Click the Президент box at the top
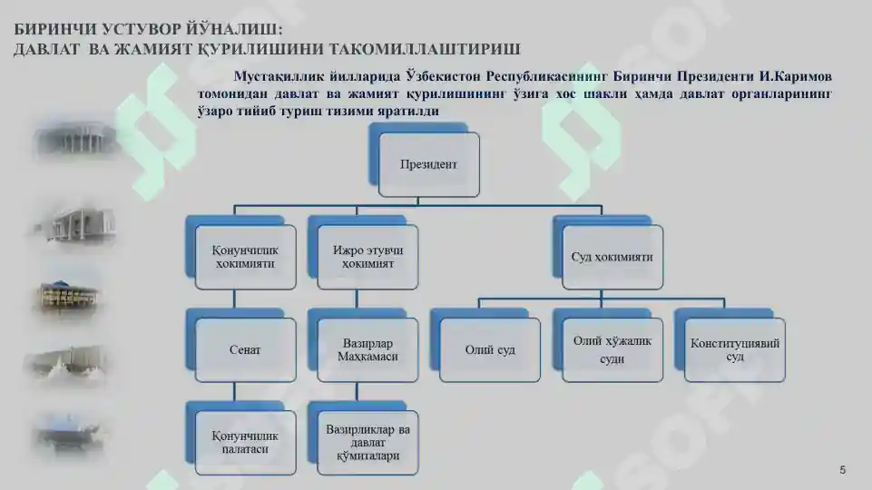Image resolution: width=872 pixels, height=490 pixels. (429, 164)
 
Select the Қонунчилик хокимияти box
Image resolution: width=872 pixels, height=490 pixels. (245, 257)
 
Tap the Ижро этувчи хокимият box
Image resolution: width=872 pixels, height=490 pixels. (367, 257)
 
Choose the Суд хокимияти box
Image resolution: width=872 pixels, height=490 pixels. (612, 257)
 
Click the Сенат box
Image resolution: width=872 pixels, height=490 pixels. (245, 350)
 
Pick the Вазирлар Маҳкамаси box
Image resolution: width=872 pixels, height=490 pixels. (367, 350)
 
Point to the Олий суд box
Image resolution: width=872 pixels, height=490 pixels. (490, 350)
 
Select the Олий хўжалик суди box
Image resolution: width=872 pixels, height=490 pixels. (612, 350)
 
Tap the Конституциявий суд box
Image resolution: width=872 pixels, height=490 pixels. (735, 350)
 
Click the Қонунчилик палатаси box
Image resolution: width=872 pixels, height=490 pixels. (245, 443)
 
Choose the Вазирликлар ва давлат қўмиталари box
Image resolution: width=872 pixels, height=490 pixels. (367, 443)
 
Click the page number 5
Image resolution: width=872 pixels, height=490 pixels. (843, 470)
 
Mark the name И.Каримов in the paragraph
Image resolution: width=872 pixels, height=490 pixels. (795, 76)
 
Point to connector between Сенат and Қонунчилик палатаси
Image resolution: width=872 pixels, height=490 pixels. (234, 392)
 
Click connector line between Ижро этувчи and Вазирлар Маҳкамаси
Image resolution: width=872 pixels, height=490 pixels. (357, 299)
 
